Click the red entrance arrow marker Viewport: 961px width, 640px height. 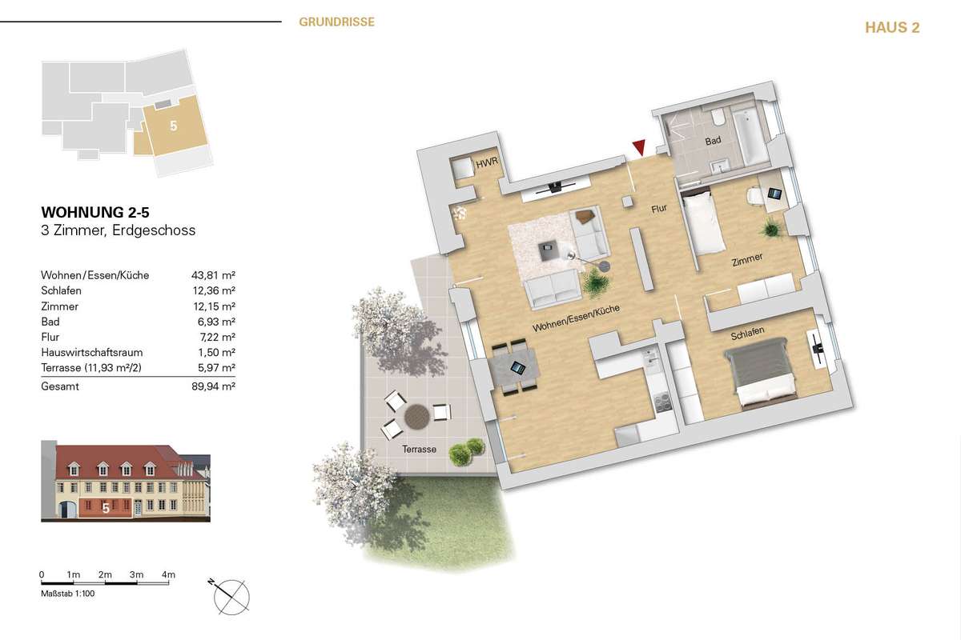(640, 147)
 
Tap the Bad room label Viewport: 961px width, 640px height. (713, 140)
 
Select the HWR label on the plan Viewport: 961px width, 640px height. (487, 162)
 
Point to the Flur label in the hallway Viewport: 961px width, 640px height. (659, 208)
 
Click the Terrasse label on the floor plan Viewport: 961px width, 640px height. (419, 449)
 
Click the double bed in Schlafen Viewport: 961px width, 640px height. (759, 372)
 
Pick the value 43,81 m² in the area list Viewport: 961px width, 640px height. (213, 275)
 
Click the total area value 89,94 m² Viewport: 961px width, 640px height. (213, 386)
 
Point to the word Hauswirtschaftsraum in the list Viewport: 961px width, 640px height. (92, 352)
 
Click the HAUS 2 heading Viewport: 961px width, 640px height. (892, 27)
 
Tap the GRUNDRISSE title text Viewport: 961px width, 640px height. (337, 22)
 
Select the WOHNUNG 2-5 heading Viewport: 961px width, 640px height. (95, 212)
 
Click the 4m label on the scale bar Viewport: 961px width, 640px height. (169, 574)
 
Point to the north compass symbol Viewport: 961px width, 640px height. (230, 596)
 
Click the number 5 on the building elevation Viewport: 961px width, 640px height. (106, 508)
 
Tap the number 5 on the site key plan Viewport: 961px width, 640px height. (173, 126)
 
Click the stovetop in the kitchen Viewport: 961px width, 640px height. (663, 402)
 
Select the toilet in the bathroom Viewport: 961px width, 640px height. (718, 117)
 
